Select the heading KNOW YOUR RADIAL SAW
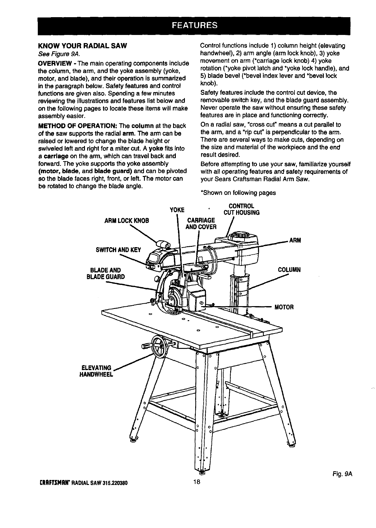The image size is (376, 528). pyautogui.click(x=82, y=46)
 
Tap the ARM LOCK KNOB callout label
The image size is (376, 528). pyautogui.click(x=127, y=221)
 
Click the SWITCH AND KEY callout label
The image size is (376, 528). pyautogui.click(x=119, y=250)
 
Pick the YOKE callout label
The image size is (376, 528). pyautogui.click(x=177, y=210)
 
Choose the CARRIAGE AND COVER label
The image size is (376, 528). pyautogui.click(x=201, y=223)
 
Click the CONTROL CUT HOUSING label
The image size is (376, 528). pyautogui.click(x=241, y=209)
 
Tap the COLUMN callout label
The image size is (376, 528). pyautogui.click(x=289, y=270)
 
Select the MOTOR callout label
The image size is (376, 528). pyautogui.click(x=284, y=307)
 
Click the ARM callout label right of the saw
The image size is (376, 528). pyautogui.click(x=295, y=240)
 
